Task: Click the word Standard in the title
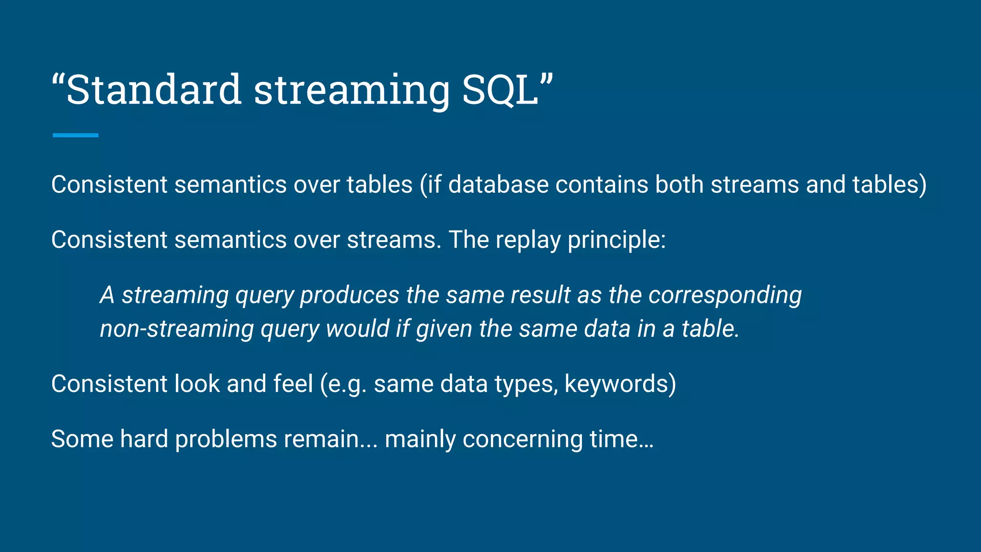point(153,90)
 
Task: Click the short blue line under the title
point(75,135)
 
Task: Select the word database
point(498,184)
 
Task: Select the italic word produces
point(349,295)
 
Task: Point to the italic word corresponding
point(725,295)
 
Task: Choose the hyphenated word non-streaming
point(177,329)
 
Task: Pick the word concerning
point(522,439)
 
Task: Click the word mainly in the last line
point(420,439)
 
